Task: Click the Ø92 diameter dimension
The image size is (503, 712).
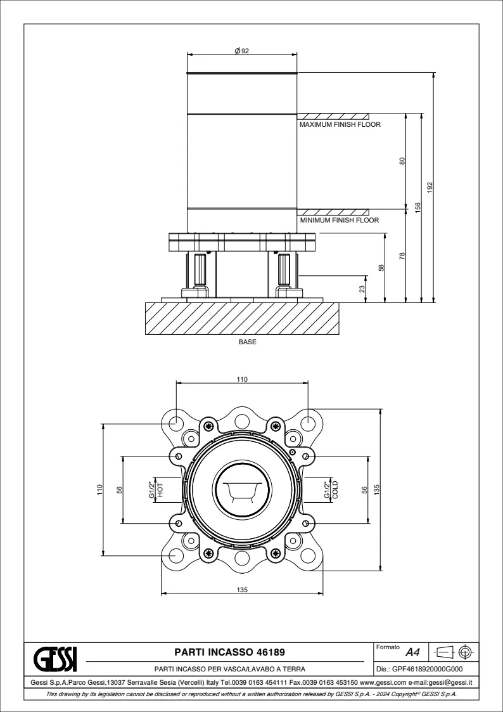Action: (x=242, y=51)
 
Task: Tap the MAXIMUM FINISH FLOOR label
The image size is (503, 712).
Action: (x=340, y=124)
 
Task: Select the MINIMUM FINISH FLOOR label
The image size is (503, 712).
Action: (x=340, y=220)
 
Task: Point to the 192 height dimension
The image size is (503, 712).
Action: (x=430, y=187)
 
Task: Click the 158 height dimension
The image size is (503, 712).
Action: (x=417, y=207)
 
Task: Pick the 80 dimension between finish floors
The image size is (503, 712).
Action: (x=402, y=161)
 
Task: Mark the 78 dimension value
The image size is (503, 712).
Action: (x=402, y=256)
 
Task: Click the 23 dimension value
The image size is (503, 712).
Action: (x=362, y=289)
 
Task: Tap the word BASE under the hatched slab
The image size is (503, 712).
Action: (x=247, y=342)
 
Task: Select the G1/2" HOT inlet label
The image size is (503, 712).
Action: (x=156, y=489)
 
